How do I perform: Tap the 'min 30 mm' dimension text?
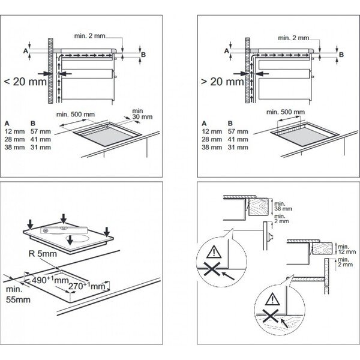coord(138,114)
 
